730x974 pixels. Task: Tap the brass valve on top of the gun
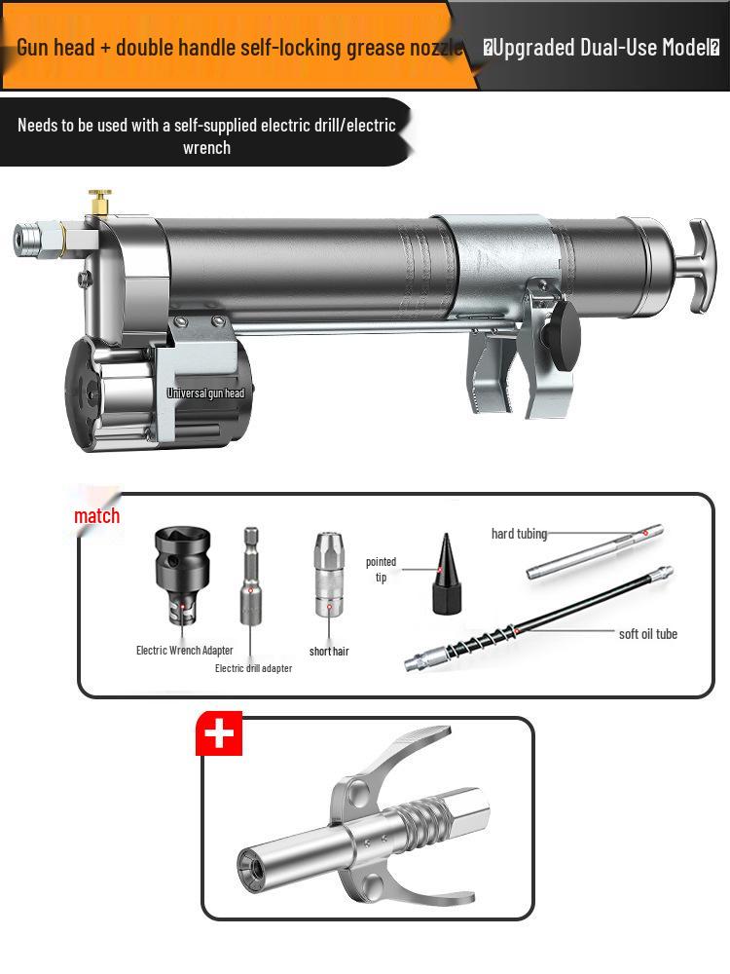tap(98, 203)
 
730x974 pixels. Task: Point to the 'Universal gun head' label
tap(205, 393)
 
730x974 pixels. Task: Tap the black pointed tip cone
tap(445, 575)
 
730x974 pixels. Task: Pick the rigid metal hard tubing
tap(595, 551)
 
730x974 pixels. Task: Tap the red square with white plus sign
tap(219, 733)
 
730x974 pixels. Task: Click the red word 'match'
tap(97, 516)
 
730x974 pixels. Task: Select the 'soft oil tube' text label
tap(647, 634)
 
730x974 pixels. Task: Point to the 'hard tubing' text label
tap(519, 534)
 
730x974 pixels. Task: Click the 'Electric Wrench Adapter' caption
tap(184, 650)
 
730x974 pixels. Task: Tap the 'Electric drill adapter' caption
tap(253, 668)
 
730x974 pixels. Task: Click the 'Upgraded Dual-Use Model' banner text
tap(601, 47)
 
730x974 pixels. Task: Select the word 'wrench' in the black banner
tap(206, 147)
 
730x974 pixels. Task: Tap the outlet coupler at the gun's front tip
tap(33, 238)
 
